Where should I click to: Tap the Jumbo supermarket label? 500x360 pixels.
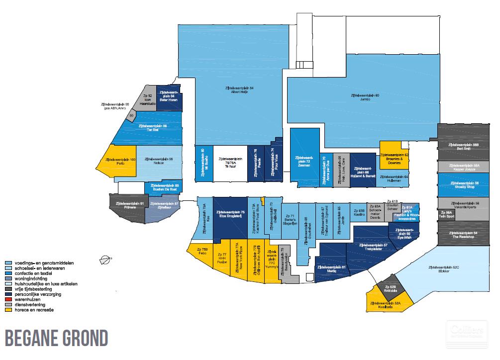365,96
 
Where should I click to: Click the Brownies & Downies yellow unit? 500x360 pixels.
394,157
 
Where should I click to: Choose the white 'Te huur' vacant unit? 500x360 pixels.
230,163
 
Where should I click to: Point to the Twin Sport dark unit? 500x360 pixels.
446,214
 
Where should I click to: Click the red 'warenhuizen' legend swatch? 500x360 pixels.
7,300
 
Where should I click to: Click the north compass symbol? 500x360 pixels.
105,259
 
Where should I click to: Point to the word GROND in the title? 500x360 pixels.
80,339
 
